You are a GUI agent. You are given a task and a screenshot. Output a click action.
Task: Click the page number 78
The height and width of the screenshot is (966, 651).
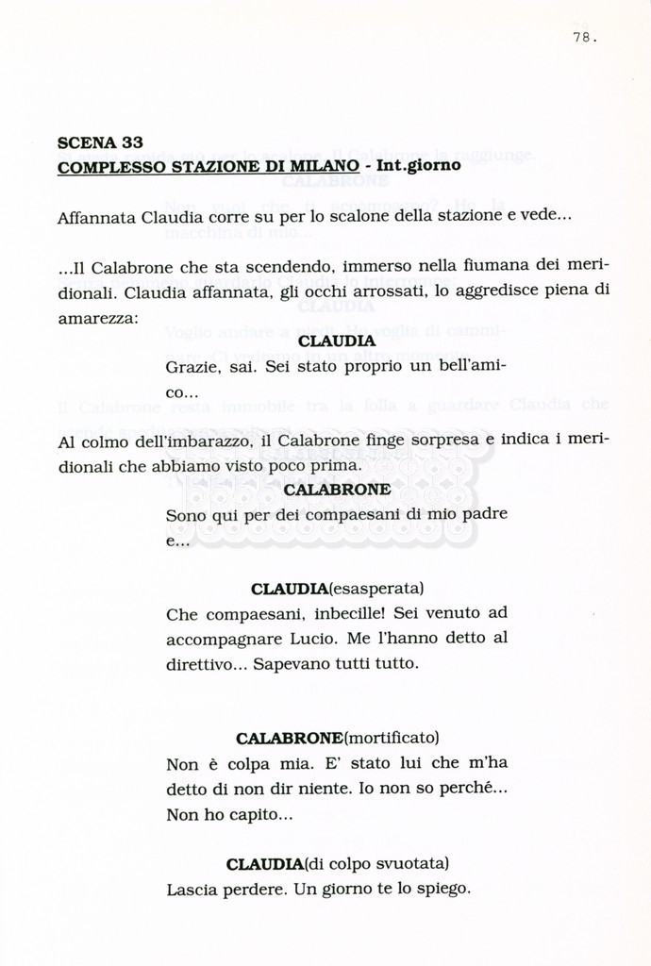(583, 38)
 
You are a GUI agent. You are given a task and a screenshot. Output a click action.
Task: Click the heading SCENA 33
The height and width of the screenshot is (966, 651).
(100, 143)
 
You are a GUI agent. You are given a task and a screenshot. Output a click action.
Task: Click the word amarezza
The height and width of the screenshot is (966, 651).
(96, 318)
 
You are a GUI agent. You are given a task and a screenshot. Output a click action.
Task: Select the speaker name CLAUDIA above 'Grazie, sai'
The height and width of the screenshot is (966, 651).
(337, 341)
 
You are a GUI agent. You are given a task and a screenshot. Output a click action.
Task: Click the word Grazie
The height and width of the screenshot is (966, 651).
(191, 366)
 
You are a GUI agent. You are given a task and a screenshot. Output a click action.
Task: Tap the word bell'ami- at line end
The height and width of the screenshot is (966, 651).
(470, 366)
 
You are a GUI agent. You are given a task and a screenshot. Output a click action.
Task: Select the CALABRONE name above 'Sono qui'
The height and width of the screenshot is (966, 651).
(337, 491)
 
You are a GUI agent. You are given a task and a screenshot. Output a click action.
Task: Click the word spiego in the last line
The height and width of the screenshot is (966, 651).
(442, 889)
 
